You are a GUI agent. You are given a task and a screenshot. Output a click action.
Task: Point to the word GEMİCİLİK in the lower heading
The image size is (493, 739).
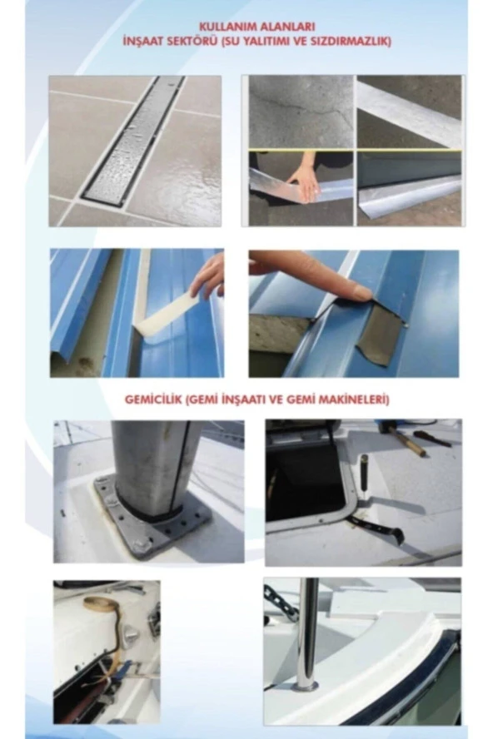[153, 400]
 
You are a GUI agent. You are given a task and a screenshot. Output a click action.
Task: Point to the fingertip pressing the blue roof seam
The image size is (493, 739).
[362, 295]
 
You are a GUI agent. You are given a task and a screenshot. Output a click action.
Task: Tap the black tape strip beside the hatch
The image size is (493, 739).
[376, 528]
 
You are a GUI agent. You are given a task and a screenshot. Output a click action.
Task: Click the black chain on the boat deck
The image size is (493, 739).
[281, 601]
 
